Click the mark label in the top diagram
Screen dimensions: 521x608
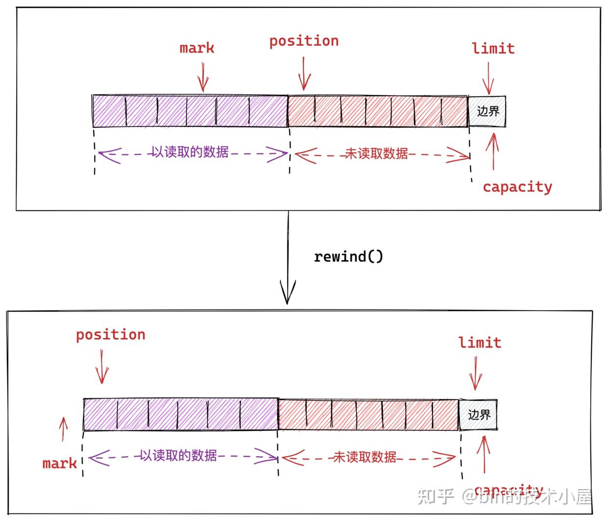tap(197, 48)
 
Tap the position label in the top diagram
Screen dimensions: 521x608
tap(304, 41)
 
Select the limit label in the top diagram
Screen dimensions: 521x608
tap(493, 49)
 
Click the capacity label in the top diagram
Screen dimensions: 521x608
tap(517, 187)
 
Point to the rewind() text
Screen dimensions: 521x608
tap(349, 257)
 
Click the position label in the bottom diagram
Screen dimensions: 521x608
tap(111, 335)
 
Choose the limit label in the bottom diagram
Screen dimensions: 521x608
tap(480, 342)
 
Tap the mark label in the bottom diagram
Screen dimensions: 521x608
tap(59, 464)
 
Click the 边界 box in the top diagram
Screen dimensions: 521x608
tap(487, 111)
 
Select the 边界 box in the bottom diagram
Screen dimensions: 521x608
tap(479, 415)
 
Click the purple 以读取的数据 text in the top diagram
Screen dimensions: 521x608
tap(190, 152)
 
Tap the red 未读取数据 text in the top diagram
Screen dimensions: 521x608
tap(377, 154)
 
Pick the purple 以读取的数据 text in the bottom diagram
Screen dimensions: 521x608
tap(178, 456)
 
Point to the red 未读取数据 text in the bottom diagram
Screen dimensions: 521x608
tap(365, 457)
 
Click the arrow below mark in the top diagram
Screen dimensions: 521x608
tap(203, 78)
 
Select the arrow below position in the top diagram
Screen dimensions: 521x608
tap(304, 74)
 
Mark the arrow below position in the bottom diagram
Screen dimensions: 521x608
tap(101, 366)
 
